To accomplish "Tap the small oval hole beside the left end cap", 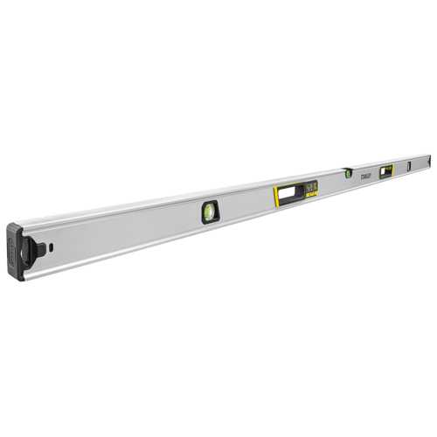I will [52, 246].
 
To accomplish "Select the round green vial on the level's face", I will [211, 211].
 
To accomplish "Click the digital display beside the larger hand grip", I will [309, 184].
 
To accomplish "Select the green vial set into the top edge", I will [347, 172].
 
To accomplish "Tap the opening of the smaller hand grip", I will [385, 170].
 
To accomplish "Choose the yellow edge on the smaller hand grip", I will [380, 171].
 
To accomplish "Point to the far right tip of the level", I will [431, 159].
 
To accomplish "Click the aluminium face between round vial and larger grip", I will [245, 203].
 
